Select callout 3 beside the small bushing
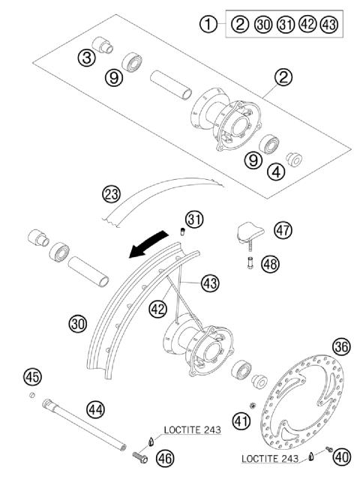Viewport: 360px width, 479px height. coord(88,58)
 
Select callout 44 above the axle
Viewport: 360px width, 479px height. coord(94,409)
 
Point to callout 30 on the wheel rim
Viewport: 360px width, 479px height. coord(79,324)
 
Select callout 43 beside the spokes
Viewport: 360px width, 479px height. coord(210,283)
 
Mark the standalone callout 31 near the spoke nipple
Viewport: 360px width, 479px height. coord(195,220)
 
